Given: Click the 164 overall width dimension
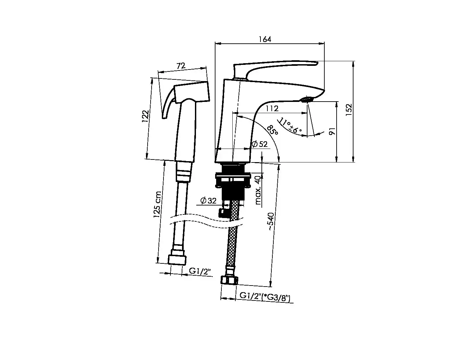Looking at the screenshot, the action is [265, 39].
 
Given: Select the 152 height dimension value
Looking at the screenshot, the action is [349, 110].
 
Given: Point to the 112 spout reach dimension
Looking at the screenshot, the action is [272, 109].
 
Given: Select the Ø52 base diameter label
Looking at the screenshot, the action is [259, 144].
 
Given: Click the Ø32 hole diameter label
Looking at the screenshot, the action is [208, 201].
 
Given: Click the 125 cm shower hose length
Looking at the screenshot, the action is [158, 204].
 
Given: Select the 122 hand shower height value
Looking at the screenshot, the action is [145, 116].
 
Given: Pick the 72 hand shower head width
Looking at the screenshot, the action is [181, 66].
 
